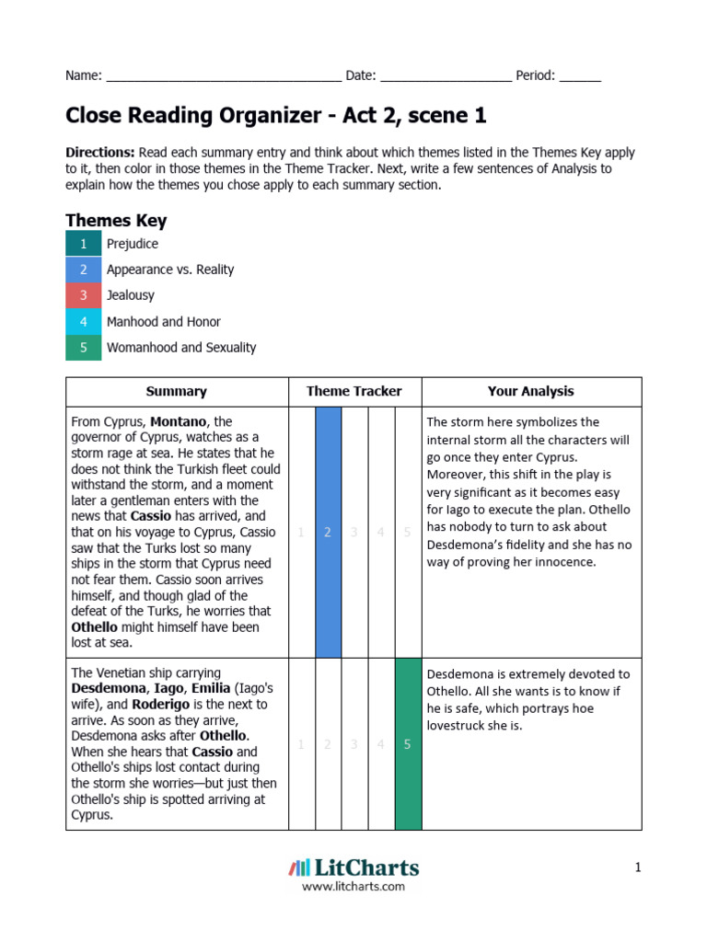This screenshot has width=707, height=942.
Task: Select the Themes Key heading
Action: tap(116, 221)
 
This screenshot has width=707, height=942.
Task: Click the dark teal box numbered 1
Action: tap(83, 244)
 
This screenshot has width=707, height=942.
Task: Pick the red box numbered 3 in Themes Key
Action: tap(83, 295)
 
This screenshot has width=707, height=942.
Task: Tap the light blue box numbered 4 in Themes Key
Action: tap(83, 322)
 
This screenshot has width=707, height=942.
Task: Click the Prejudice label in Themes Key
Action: tap(133, 244)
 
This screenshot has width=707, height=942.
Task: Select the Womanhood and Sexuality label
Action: tap(181, 348)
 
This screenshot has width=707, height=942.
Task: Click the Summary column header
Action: tap(176, 391)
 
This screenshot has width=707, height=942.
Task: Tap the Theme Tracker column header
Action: tap(354, 391)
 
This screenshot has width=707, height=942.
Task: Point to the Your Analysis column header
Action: tap(530, 391)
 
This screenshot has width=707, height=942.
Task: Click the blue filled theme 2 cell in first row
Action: tap(328, 532)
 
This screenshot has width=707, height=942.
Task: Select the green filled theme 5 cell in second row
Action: tap(408, 744)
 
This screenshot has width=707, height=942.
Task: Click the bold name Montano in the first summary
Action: tap(180, 421)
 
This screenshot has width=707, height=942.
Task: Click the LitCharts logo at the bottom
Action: tap(353, 867)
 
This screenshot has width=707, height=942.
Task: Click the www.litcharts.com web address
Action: tap(353, 887)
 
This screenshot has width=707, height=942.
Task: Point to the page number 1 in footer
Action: tap(636, 867)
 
